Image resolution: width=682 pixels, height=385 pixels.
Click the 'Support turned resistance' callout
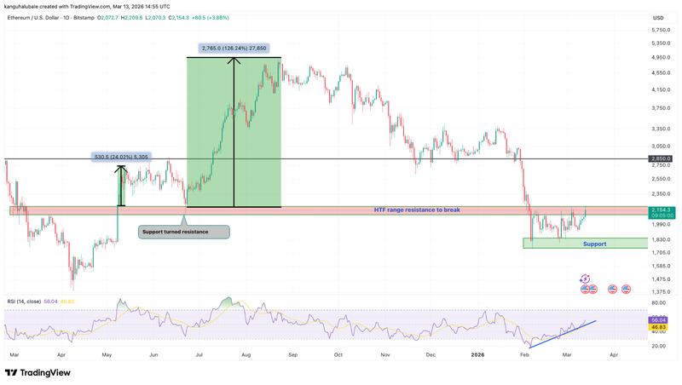183,232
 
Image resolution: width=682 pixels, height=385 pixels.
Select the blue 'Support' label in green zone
594,244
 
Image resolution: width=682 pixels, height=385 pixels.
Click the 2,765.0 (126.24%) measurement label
234,49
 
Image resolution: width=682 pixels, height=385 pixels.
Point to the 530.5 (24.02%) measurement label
120,157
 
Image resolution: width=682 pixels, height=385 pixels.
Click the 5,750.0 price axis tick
657,30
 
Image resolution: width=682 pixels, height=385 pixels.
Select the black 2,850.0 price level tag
660,159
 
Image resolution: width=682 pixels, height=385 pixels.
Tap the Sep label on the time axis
293,353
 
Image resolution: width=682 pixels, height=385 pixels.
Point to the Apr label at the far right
614,353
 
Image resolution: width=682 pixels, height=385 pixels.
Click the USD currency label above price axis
657,18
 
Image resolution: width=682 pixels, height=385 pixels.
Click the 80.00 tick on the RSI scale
657,303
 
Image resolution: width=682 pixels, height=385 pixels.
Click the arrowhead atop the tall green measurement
234,60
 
